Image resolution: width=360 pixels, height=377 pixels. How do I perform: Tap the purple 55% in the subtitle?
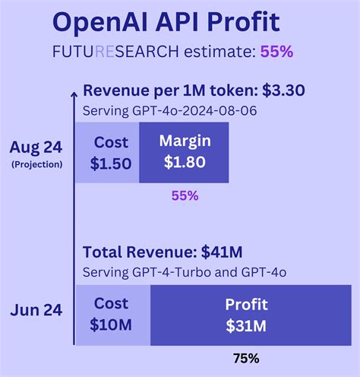point(276,52)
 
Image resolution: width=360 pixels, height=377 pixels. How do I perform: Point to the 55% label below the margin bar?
point(185,195)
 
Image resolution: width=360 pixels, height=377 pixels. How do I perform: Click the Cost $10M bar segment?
point(112,313)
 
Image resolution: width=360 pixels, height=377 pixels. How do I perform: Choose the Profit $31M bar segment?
point(245,313)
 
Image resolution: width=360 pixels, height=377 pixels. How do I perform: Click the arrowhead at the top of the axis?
point(74,93)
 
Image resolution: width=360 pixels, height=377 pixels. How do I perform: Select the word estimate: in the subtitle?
point(219,52)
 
